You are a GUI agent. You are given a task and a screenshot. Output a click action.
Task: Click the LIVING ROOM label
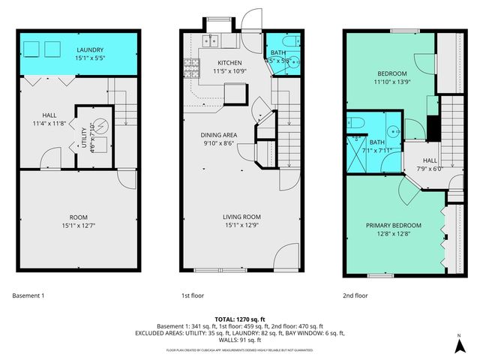tap(241, 217)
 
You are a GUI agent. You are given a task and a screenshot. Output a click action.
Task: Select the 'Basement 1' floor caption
tap(28, 295)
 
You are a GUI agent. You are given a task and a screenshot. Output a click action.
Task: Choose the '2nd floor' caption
tap(356, 295)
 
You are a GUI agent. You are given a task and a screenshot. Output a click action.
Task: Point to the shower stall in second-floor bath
tap(357, 154)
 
